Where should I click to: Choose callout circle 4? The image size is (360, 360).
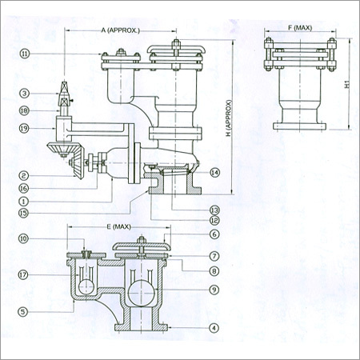[x=214, y=326]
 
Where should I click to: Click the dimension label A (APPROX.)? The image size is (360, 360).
[x=120, y=30]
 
